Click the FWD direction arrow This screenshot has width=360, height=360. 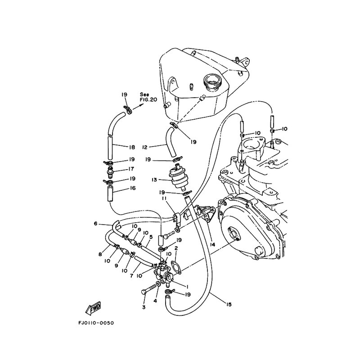[93, 308]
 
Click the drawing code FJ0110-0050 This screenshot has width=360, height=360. [96, 323]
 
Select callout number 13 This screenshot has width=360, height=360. [154, 180]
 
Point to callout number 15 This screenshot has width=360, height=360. [229, 305]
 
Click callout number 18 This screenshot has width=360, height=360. [132, 147]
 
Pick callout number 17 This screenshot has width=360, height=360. [131, 169]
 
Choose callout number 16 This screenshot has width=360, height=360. [132, 188]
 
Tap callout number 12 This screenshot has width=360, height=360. [144, 147]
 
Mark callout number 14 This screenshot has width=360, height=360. [212, 245]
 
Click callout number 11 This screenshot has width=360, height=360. [164, 198]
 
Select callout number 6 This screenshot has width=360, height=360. [96, 223]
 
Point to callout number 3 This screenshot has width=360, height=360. [144, 307]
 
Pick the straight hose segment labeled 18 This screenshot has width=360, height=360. [110, 148]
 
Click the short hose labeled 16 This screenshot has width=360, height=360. [110, 193]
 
